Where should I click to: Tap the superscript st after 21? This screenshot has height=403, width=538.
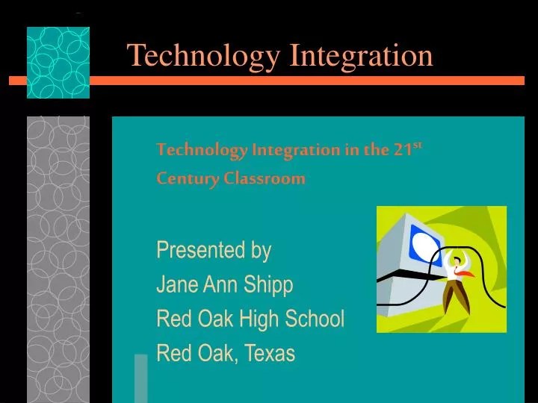(418, 145)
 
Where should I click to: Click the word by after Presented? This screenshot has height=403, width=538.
(261, 251)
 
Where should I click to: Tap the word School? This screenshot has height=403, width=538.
(316, 319)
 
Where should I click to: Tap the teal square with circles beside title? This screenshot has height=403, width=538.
(58, 63)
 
